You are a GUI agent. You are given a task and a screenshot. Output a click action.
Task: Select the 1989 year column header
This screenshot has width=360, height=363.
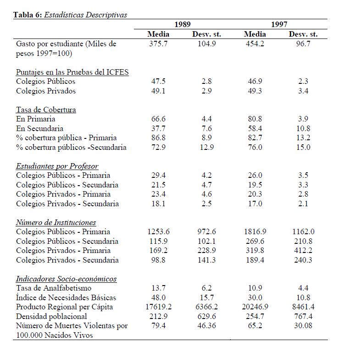click(x=183, y=24)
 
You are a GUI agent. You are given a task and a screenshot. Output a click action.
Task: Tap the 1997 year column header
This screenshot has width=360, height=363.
click(x=279, y=24)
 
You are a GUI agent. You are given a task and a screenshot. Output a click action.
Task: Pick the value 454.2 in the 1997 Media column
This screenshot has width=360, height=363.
click(x=255, y=44)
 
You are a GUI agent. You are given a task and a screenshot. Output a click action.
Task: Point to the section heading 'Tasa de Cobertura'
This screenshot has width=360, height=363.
click(x=46, y=110)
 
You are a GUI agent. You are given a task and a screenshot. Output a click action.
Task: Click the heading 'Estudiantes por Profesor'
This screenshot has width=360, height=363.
click(x=57, y=166)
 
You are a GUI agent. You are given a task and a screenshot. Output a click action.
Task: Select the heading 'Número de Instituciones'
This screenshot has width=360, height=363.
click(x=56, y=222)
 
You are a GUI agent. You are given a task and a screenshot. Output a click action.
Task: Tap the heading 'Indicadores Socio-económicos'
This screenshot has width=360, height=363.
click(x=66, y=279)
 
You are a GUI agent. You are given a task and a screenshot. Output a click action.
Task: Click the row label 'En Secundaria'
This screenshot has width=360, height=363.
click(x=39, y=128)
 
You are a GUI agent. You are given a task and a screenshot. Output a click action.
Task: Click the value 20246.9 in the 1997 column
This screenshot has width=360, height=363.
click(x=255, y=307)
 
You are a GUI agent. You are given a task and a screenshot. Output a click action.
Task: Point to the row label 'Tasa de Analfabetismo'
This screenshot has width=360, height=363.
click(x=54, y=288)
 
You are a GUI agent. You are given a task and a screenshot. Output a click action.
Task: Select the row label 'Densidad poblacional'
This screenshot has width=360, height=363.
click(x=51, y=316)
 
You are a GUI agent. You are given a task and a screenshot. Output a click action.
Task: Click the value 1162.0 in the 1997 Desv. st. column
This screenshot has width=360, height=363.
click(x=303, y=232)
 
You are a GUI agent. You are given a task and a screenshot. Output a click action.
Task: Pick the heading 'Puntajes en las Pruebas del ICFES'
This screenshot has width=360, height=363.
click(x=72, y=72)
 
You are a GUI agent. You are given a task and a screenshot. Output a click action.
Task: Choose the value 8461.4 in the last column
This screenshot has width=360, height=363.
click(x=303, y=307)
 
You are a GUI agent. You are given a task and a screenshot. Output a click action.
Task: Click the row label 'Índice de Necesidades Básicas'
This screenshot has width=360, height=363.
click(x=66, y=297)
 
